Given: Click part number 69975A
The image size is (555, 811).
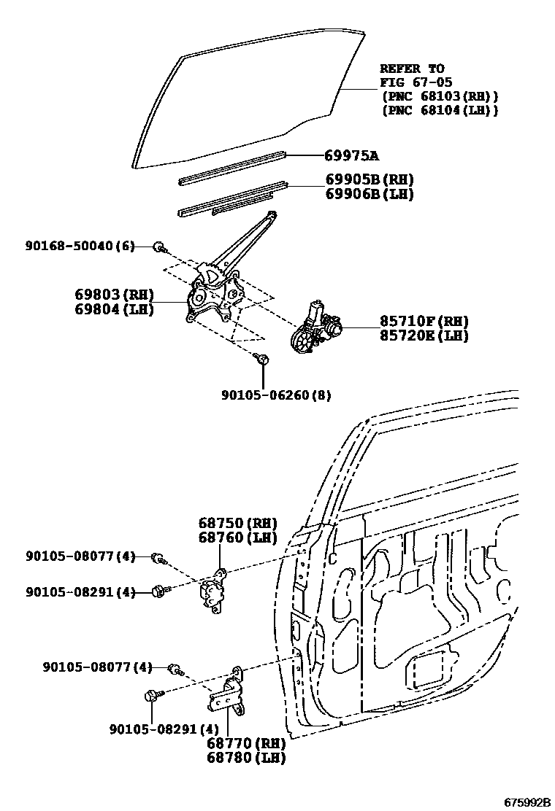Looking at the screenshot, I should [x=352, y=156].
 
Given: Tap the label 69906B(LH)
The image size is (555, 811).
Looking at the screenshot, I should [x=370, y=194].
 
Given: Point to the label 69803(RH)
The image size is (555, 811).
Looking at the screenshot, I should [x=114, y=295].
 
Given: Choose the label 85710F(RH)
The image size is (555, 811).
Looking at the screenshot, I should [x=424, y=321].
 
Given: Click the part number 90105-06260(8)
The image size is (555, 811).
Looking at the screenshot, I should [x=276, y=395].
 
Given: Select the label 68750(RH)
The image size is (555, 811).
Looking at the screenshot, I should [x=238, y=523].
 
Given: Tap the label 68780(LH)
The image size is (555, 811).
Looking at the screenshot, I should [x=245, y=758].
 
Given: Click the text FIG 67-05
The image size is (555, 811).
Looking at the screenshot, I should [x=412, y=82].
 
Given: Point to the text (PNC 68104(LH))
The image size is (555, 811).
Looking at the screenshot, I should [x=440, y=110].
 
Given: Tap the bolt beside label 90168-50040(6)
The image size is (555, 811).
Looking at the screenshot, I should [x=158, y=247].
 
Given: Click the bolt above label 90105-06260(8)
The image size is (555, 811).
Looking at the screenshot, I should [x=263, y=359].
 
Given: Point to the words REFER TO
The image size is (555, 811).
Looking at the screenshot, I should [x=412, y=69].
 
